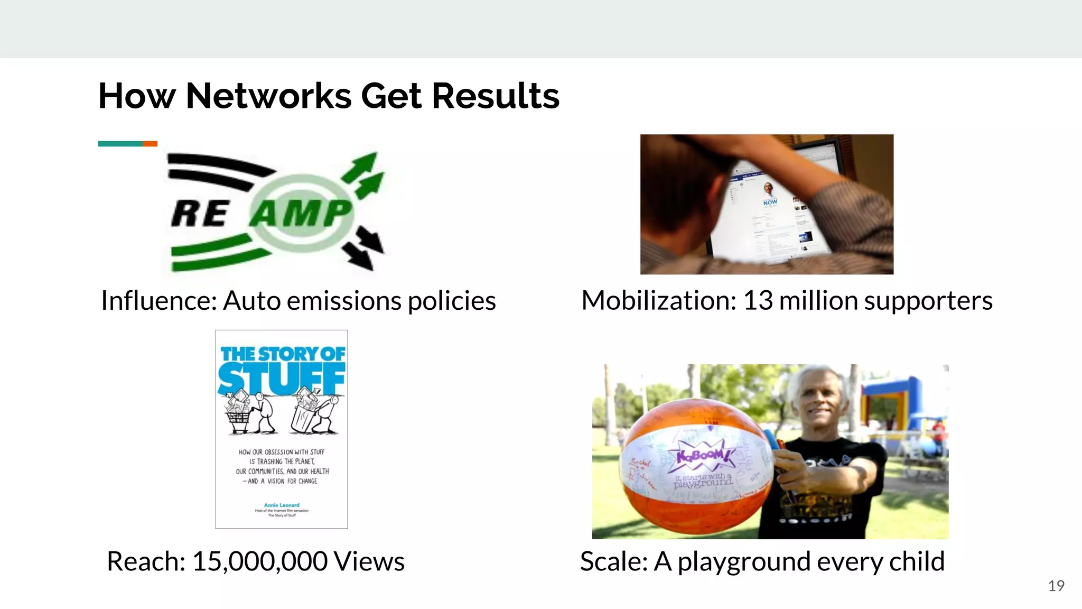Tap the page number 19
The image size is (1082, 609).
tap(1056, 586)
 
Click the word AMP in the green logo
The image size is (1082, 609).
tap(301, 213)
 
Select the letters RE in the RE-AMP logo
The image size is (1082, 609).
tap(200, 214)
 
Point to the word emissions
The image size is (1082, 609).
tap(344, 301)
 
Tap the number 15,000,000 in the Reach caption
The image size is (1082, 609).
tap(259, 561)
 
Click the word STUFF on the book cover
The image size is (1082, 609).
tap(281, 379)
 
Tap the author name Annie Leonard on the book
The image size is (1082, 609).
tap(282, 505)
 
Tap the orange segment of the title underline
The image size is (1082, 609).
tap(150, 144)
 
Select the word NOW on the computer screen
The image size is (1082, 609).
tap(770, 202)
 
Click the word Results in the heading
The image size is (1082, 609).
tap(496, 96)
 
